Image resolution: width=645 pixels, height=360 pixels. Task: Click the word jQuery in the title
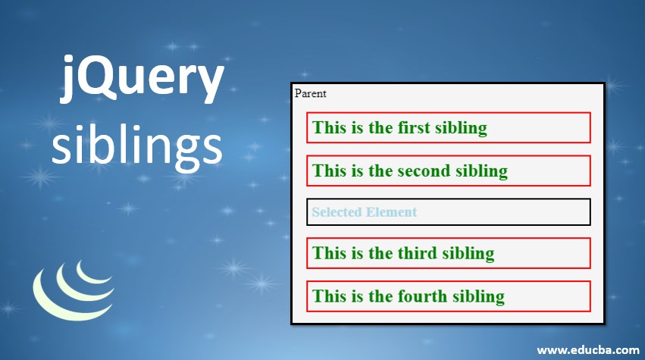tap(142, 79)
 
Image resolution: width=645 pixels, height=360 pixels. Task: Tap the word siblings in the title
tap(137, 146)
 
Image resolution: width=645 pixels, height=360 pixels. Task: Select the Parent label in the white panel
tap(310, 93)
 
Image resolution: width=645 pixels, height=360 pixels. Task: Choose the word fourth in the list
tap(422, 296)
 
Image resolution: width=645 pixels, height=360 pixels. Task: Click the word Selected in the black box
tap(337, 212)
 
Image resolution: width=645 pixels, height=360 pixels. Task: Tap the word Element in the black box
tap(391, 212)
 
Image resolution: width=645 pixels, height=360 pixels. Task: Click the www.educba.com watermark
tap(588, 350)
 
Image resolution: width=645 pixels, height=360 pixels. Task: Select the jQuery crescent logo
tap(74, 290)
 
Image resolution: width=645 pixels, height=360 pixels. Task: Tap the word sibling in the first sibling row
tap(461, 128)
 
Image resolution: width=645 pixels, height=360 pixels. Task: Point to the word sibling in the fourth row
tap(478, 296)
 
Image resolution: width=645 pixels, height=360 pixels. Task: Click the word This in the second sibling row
tap(329, 171)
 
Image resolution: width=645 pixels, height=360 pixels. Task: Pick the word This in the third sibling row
tap(329, 253)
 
